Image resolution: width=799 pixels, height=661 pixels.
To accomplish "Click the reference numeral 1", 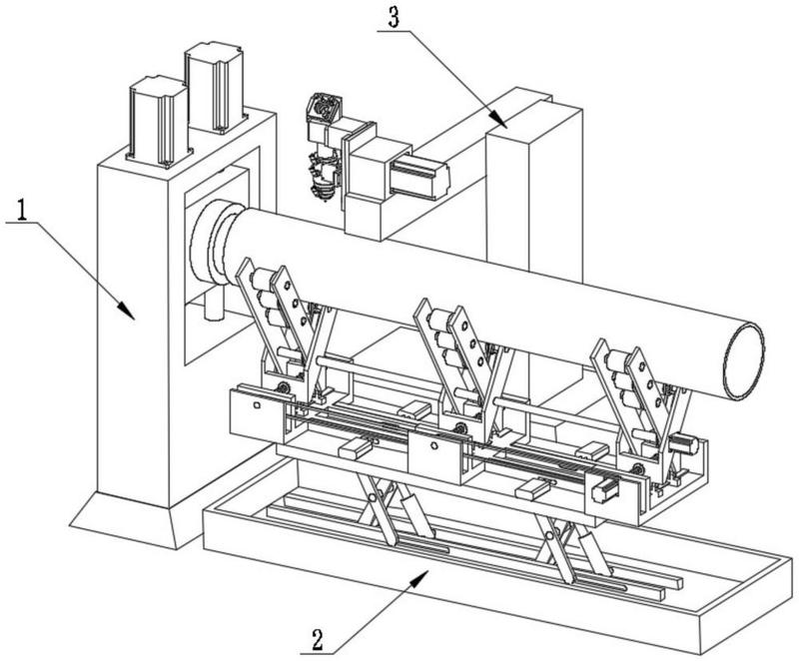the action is pos(21,210).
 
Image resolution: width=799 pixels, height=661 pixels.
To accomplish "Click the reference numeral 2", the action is pos(317,639).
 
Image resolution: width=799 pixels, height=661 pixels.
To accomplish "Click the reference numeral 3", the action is pos(394,17).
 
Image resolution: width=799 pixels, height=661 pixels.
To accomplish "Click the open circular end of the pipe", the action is pos(744,360).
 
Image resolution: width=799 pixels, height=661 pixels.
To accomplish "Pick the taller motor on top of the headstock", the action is pos(215,87).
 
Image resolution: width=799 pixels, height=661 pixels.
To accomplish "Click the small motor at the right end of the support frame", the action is pos(684,444).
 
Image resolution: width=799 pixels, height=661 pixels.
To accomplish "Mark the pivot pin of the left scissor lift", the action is pos(374,497).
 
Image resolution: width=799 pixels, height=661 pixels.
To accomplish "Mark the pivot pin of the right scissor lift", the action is pos(549,536).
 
